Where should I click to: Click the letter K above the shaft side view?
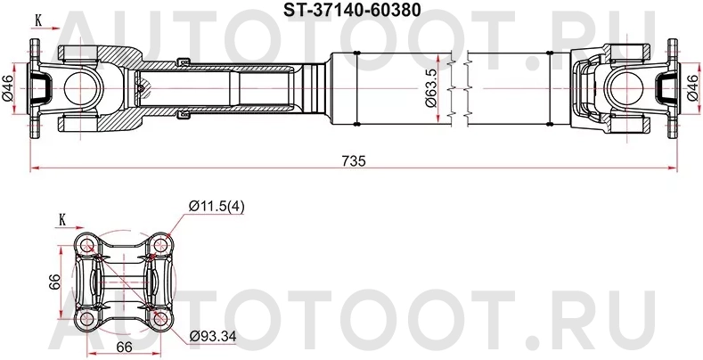37,19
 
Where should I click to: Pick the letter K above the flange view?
62,218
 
